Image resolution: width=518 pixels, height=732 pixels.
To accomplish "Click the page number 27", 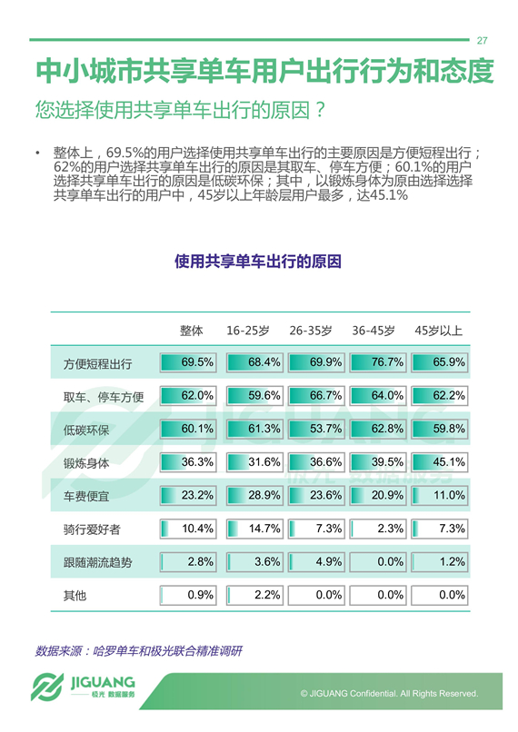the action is point(482,41).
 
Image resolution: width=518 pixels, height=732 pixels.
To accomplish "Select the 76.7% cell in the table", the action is point(378,362).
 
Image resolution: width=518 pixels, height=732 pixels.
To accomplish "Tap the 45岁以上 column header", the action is point(438,331).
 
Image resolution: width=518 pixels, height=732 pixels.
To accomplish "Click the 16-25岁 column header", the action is point(248,331).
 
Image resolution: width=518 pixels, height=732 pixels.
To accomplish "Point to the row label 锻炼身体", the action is point(86,463).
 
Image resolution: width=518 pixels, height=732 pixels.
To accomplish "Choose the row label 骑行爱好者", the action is point(92,529).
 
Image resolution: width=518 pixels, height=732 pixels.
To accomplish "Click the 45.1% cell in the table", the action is point(440,462).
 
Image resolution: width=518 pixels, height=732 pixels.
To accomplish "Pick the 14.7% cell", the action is point(254,529).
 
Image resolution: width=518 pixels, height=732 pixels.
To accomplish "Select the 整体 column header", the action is point(192,331).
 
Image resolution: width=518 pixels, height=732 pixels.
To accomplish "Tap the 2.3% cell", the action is point(378,529).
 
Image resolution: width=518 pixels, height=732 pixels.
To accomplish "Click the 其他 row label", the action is point(75,596).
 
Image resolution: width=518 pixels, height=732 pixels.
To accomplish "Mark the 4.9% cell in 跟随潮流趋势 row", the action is point(316,561).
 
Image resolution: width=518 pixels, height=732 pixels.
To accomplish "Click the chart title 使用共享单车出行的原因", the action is point(258,262).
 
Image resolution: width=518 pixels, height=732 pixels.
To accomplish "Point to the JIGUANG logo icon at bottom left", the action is point(46,687).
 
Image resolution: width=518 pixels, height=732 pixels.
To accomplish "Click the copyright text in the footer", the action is point(389,693).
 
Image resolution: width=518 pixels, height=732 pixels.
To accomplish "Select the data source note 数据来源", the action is point(139,651).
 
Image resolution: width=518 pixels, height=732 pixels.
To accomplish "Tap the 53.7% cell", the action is point(316,429).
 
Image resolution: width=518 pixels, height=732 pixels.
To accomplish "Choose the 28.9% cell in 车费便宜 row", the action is point(254,495).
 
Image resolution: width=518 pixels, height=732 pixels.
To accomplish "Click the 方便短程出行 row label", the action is point(97,363).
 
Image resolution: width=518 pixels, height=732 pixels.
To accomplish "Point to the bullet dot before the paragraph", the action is point(37,153).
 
